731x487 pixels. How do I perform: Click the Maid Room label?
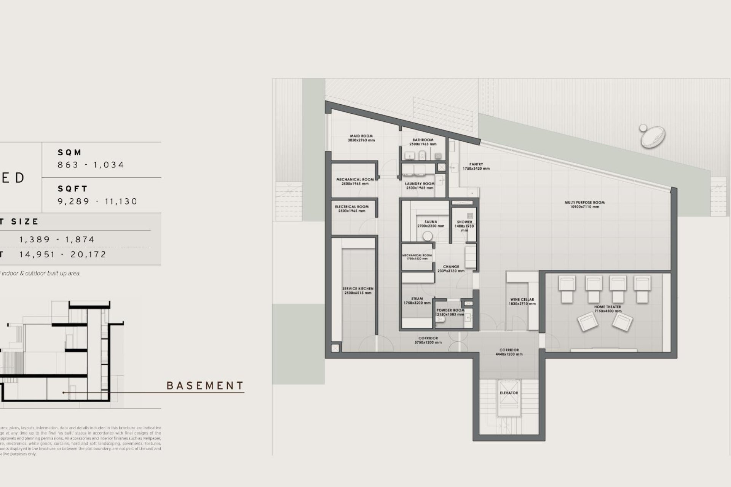(361, 136)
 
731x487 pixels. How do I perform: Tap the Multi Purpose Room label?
(584, 203)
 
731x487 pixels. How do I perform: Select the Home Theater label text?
(607, 307)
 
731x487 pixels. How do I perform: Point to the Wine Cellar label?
(522, 300)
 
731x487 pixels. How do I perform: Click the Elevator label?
(509, 393)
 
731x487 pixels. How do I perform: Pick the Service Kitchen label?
(358, 289)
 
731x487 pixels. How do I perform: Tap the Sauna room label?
(431, 222)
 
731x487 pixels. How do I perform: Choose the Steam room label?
(417, 299)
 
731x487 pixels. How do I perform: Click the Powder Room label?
(450, 310)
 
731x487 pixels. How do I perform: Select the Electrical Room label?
(352, 207)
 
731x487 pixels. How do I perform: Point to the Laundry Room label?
(420, 184)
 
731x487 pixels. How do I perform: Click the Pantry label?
(476, 164)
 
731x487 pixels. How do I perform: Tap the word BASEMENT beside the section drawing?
(205, 386)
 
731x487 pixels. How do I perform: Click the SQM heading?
(70, 153)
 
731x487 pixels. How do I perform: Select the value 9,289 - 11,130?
(97, 201)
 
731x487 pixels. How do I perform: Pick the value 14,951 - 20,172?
(63, 255)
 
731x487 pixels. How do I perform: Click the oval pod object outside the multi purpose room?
(653, 137)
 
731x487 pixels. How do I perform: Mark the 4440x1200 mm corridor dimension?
(509, 354)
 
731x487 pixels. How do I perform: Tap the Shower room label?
(464, 222)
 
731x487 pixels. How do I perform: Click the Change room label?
(451, 267)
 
